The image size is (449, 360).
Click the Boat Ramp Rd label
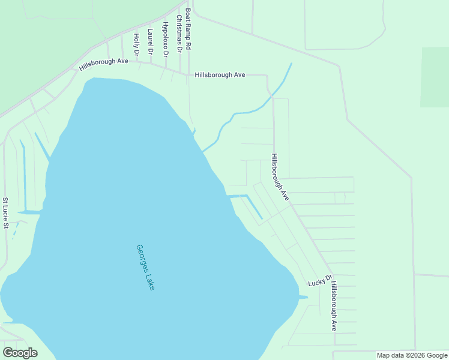tap(188, 28)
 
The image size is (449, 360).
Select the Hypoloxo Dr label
tap(166, 38)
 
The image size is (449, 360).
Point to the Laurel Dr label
tap(150, 41)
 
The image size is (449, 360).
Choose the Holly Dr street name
tap(136, 44)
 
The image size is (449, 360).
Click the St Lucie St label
tap(5, 213)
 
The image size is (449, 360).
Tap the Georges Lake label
tap(146, 268)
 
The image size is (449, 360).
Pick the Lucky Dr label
tap(320, 280)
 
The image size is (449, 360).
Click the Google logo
tap(20, 353)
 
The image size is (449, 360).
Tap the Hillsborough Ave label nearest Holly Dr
tap(104, 64)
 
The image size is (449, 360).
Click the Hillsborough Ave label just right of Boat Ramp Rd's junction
tap(220, 75)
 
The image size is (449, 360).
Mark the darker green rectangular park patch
tap(435, 77)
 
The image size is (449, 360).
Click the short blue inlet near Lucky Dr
tap(302, 296)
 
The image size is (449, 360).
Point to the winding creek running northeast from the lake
tap(240, 113)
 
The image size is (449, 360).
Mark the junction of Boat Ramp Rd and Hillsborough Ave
tap(188, 75)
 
